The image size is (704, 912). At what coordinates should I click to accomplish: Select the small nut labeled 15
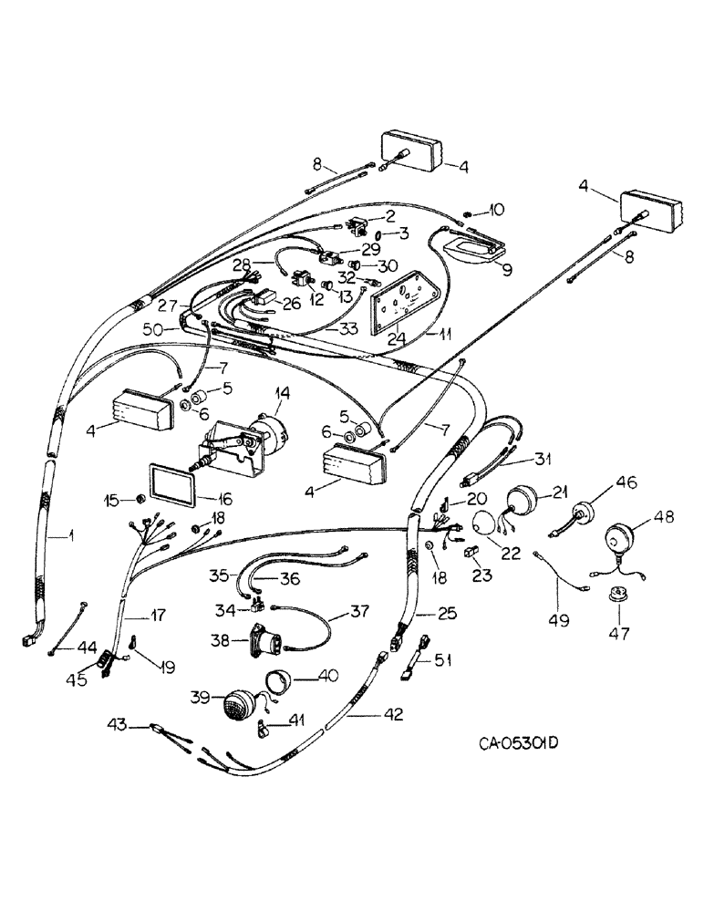click(x=141, y=500)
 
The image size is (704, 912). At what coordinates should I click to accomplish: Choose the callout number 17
click(x=158, y=616)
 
